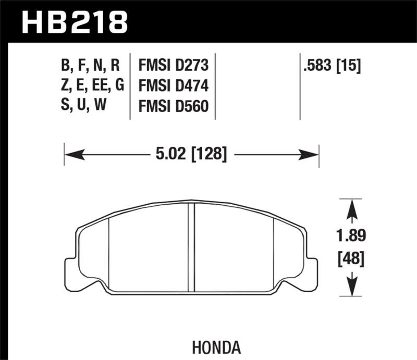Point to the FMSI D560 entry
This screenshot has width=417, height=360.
(x=174, y=106)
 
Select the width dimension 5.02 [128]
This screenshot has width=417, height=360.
(x=190, y=154)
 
